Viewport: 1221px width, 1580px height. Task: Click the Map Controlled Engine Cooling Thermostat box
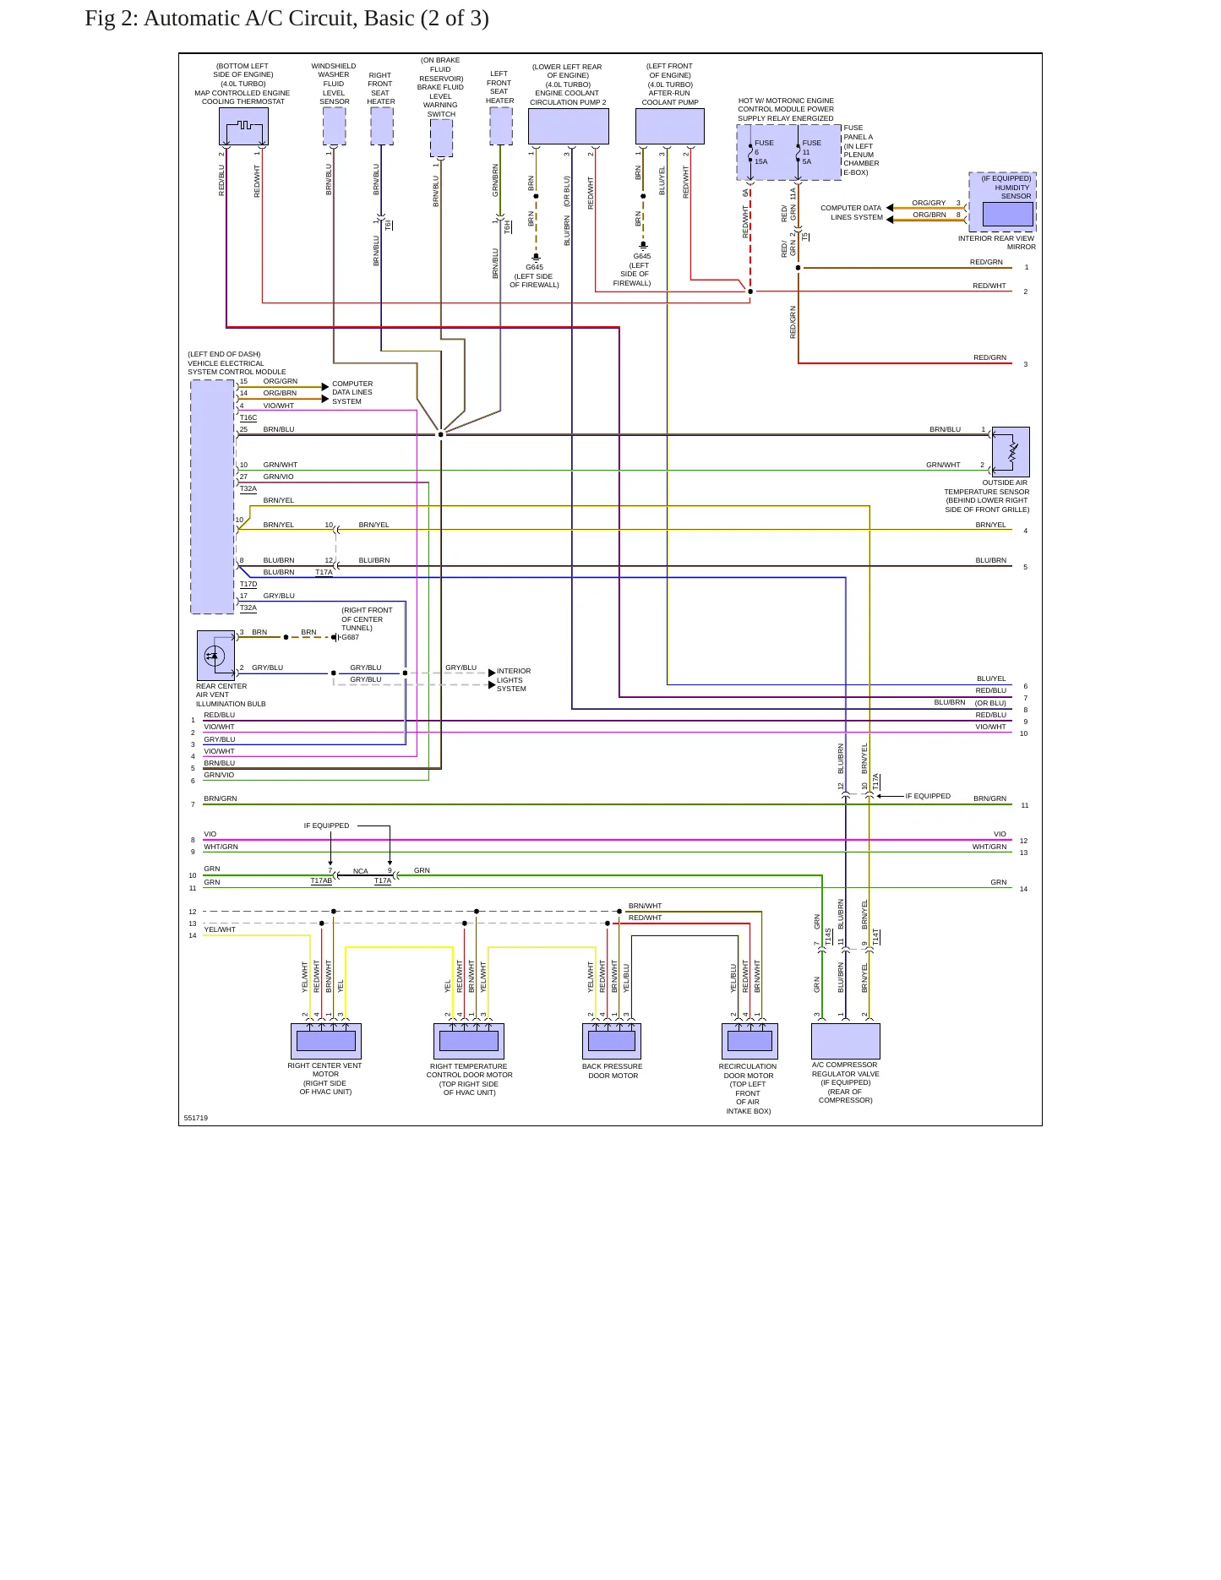(x=243, y=127)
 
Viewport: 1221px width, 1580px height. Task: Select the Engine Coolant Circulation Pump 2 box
(x=568, y=127)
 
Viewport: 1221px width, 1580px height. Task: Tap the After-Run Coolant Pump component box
(x=669, y=127)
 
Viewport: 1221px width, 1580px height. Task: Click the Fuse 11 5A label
(x=811, y=152)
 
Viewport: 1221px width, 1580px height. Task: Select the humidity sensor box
(x=1002, y=202)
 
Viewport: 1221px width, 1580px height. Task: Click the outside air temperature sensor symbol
(x=1011, y=452)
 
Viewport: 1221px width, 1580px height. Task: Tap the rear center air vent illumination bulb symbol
(x=215, y=656)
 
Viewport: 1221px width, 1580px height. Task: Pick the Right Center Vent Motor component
(x=326, y=1041)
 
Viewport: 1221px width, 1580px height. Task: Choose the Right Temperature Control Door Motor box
(x=469, y=1041)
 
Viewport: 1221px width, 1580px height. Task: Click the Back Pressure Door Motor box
(x=612, y=1041)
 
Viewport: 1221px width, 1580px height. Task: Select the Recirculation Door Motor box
(x=749, y=1041)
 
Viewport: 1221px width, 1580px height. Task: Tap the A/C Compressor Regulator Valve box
(x=846, y=1041)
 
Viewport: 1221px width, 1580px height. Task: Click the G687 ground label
(x=351, y=638)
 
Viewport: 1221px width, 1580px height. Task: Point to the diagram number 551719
(x=196, y=1118)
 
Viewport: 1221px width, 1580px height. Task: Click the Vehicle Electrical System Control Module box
(x=213, y=497)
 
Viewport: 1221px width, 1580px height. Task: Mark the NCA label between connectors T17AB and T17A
(x=361, y=871)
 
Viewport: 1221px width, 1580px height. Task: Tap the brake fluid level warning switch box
(x=441, y=138)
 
